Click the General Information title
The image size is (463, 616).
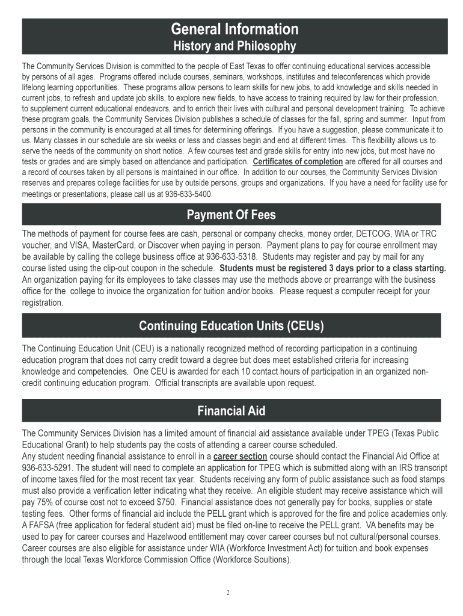point(235,29)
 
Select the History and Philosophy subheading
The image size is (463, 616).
point(235,46)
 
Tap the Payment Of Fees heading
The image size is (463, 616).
point(231,215)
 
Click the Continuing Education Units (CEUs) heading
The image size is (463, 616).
point(231,326)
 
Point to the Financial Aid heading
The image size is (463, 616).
point(231,411)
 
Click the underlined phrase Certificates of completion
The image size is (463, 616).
point(298,162)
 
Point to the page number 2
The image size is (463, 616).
point(228,593)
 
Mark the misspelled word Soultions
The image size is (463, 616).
point(270,559)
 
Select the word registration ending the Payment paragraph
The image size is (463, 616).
point(42,303)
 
